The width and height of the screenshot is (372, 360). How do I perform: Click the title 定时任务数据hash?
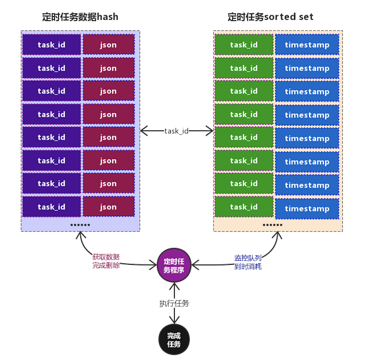pos(80,17)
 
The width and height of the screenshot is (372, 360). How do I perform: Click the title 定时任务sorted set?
pos(270,17)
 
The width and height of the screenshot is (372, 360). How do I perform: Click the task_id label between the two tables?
pos(176,131)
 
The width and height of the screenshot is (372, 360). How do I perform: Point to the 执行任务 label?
pos(174,303)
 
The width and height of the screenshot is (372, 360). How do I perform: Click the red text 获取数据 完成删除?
pos(106,261)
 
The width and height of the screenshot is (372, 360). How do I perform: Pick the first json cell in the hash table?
pos(109,45)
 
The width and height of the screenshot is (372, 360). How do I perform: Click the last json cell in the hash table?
pos(109,207)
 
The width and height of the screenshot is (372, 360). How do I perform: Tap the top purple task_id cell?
pos(51,45)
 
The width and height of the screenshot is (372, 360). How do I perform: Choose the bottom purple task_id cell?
pos(51,207)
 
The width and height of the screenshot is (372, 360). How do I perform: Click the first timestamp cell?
pos(307,45)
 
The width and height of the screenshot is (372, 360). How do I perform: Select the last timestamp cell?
pos(307,209)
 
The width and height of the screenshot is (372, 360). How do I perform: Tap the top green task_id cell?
pos(244,45)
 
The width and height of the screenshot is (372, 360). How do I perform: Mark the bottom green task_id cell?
pos(244,207)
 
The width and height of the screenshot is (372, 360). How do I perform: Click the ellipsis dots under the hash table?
pos(80,225)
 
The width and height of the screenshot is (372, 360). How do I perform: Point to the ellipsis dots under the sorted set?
pos(272,225)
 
